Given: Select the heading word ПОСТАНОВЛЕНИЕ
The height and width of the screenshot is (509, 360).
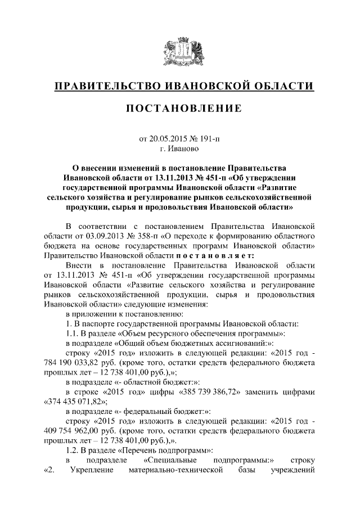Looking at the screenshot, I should (179, 108).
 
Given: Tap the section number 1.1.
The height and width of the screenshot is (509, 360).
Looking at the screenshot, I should (72, 333).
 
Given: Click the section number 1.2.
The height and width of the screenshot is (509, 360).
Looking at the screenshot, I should (72, 451).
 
